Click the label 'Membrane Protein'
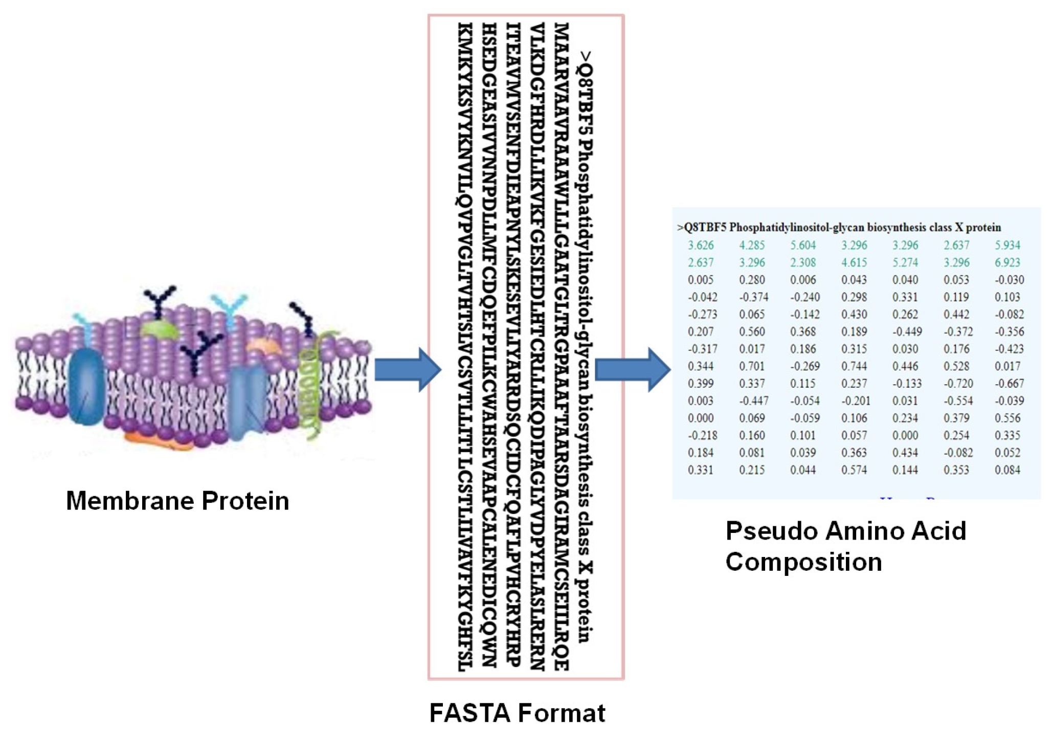coord(177,501)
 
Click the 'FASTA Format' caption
coord(517,712)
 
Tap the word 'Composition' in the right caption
coord(803,562)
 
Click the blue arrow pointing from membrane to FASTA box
coord(407,370)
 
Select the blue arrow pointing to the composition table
coord(633,370)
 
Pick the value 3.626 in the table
coord(701,245)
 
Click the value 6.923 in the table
coord(1007,262)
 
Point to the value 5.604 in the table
coord(803,245)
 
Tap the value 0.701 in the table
coord(752,366)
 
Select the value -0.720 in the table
coord(958,384)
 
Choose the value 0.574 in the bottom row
coord(854,470)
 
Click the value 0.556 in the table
coord(1007,418)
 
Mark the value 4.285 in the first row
coord(752,245)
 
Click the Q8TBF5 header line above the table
coord(839,227)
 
